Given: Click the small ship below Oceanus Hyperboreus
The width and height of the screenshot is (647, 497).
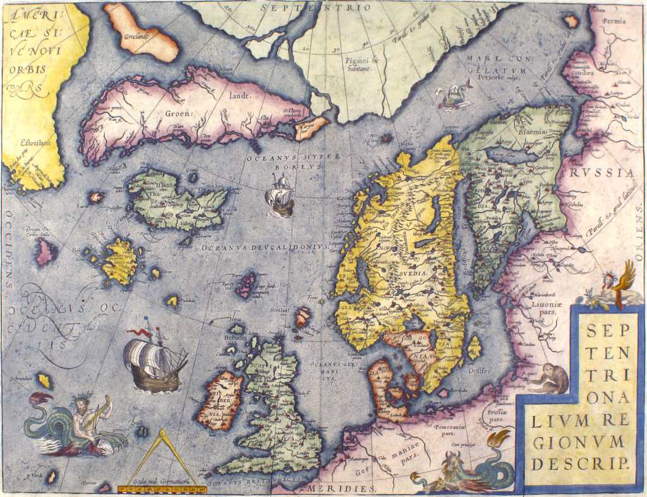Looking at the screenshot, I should tap(280, 196).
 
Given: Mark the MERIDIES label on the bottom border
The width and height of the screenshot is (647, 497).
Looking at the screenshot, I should tap(343, 489).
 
